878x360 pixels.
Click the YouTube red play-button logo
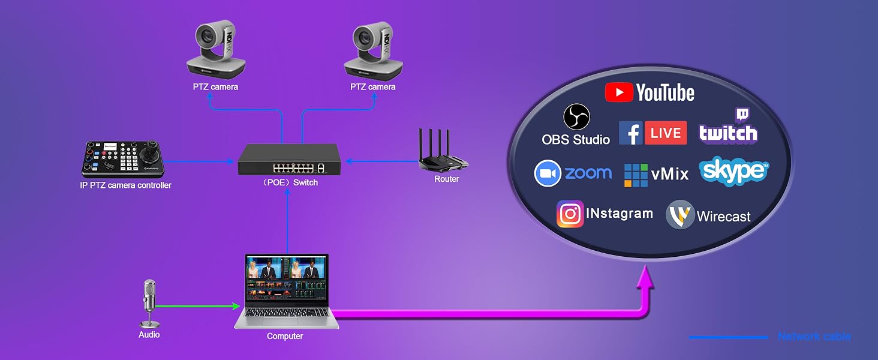click(x=619, y=92)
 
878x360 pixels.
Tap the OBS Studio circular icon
click(x=576, y=117)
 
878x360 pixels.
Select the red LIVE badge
click(x=666, y=133)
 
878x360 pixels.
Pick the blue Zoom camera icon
click(x=548, y=173)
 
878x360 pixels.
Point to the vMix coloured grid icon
click(x=636, y=175)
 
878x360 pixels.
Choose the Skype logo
click(x=733, y=170)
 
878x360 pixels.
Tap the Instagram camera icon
click(x=570, y=214)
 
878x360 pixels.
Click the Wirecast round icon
click(x=680, y=215)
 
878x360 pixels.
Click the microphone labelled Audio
click(x=149, y=303)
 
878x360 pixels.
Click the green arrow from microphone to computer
click(x=197, y=306)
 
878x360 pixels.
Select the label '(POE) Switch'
click(x=290, y=182)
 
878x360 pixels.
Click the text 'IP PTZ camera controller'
click(x=125, y=185)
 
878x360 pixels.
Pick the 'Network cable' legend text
click(x=814, y=337)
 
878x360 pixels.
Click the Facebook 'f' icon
click(x=631, y=133)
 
